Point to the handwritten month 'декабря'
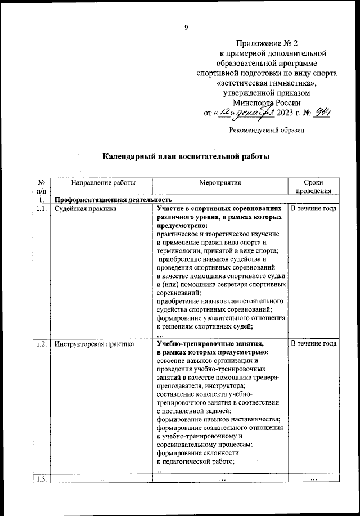point(254,113)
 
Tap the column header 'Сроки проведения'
point(313,187)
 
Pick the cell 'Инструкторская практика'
point(94,344)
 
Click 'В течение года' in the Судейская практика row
point(313,209)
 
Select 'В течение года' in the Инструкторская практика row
point(313,344)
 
